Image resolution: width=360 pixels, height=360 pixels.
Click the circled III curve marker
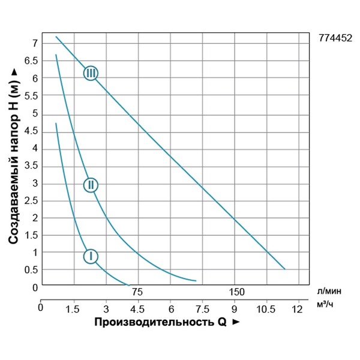point(91,73)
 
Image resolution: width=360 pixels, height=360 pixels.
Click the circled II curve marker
point(91,185)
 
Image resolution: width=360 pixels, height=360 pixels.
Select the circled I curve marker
point(91,256)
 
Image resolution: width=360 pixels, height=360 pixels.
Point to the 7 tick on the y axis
point(35,43)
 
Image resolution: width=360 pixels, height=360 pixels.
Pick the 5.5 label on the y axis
point(31,96)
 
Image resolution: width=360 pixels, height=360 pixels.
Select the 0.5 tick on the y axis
point(31,270)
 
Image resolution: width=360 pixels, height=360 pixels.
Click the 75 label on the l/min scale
point(137,292)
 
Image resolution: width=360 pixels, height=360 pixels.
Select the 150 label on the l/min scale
point(238,292)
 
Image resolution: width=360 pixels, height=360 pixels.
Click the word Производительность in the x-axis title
point(149,322)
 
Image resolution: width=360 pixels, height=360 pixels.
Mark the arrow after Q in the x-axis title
point(236,323)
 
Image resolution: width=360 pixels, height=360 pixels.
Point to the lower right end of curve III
point(284,269)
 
